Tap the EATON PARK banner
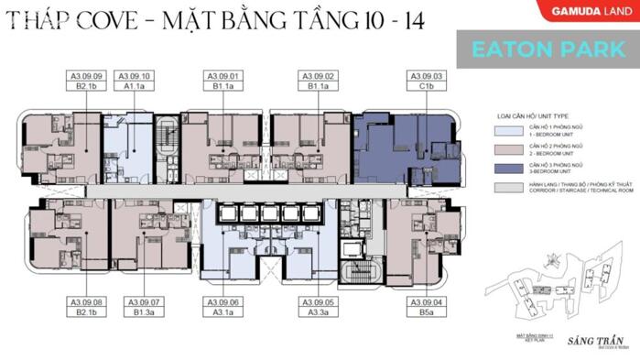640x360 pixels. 547,49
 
